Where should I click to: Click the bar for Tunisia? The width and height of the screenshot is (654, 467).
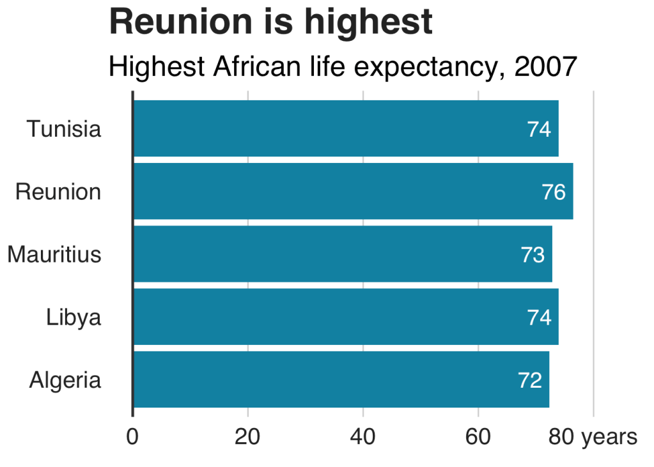coord(345,128)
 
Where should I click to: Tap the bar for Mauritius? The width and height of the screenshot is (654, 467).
coord(342,254)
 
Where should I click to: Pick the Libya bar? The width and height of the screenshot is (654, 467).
coord(345,317)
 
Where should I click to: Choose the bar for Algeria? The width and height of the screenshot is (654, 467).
coord(341,379)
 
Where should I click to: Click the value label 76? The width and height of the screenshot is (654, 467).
coord(554,192)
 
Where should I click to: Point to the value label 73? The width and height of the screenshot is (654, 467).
coord(533,255)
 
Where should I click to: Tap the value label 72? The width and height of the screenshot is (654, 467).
coord(530,381)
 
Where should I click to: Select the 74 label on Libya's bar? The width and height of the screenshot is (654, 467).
coord(539,318)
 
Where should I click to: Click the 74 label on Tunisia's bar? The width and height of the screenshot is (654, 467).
coord(539,129)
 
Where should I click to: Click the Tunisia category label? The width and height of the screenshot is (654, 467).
coord(64,129)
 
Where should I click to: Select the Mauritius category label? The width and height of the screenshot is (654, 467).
coord(54,255)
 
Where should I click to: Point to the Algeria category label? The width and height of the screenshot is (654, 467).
coord(65,381)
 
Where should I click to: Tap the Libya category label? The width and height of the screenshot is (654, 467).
coord(74,318)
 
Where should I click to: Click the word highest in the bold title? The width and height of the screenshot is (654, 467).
coord(368,22)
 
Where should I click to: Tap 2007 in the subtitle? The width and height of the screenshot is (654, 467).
coord(545,66)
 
